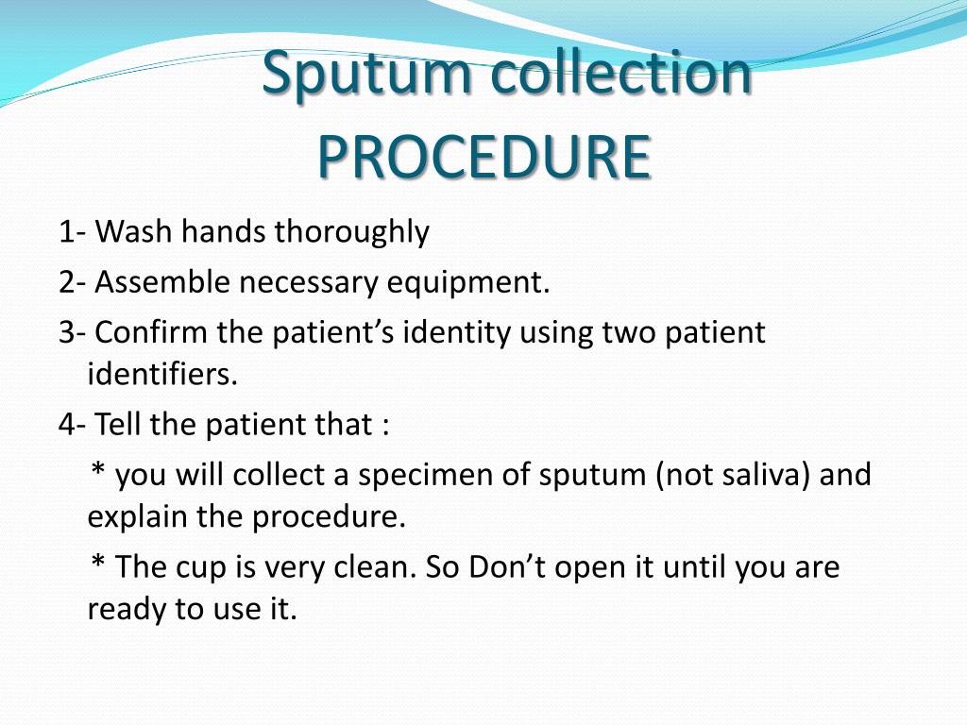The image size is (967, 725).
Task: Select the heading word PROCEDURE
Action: pos(483,157)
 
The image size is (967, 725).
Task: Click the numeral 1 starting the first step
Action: pos(65,232)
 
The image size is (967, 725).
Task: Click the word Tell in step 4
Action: pos(119,424)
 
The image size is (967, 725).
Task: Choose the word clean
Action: pos(374,567)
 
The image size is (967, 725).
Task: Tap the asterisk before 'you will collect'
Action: pos(97,470)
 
